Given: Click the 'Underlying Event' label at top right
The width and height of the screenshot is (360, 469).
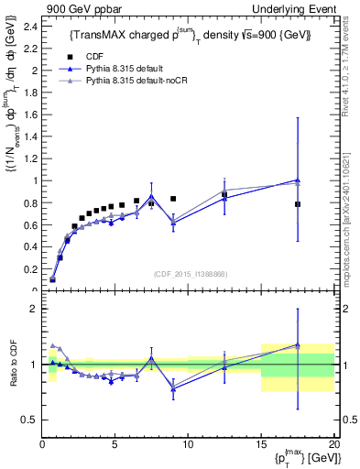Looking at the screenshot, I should point(295,8).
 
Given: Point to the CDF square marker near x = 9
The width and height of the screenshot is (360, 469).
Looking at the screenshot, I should point(173,199).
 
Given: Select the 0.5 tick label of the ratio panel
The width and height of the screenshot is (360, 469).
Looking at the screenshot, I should point(28,420).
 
